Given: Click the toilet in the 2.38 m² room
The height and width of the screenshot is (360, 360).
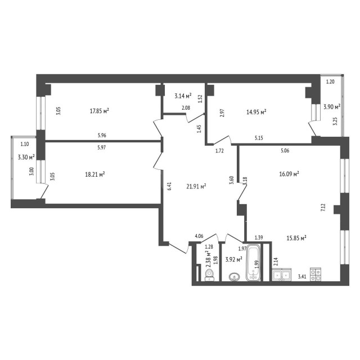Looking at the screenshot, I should pos(210,274).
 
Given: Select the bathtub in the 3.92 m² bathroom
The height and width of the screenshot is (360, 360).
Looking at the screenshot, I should pos(255,263).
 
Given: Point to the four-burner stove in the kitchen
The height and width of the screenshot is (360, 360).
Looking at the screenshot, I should pos(317,275).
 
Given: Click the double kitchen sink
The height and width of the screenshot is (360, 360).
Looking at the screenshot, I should pos(281,275).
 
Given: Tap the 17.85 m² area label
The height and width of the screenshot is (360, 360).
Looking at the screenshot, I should pos(99,111).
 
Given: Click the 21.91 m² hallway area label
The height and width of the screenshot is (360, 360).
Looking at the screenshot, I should pos(196,186).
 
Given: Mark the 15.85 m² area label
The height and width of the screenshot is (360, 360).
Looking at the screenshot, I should pos(296,238).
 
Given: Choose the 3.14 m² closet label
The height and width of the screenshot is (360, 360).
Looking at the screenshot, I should pos(183,95).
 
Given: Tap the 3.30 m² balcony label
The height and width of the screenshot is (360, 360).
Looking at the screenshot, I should pos(26,157).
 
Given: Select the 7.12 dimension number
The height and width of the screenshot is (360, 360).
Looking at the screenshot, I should pos(323,206).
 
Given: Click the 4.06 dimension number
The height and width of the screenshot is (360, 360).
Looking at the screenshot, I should pos(199,237).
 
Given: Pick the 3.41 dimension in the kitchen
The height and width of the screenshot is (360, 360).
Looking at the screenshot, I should pos(301,276).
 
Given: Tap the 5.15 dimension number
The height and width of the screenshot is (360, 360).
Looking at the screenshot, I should pos(259,137).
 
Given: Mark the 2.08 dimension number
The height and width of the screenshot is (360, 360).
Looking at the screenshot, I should pos(186,107).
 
